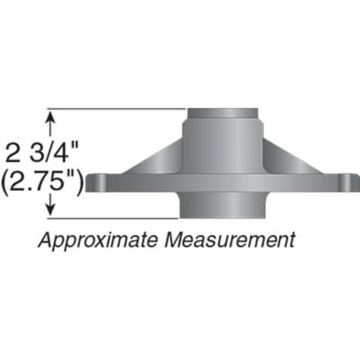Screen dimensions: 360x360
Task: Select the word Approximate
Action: point(89,240)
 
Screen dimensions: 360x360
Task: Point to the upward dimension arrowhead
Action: point(51,116)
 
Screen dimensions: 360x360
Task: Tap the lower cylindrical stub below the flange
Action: point(221,205)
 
